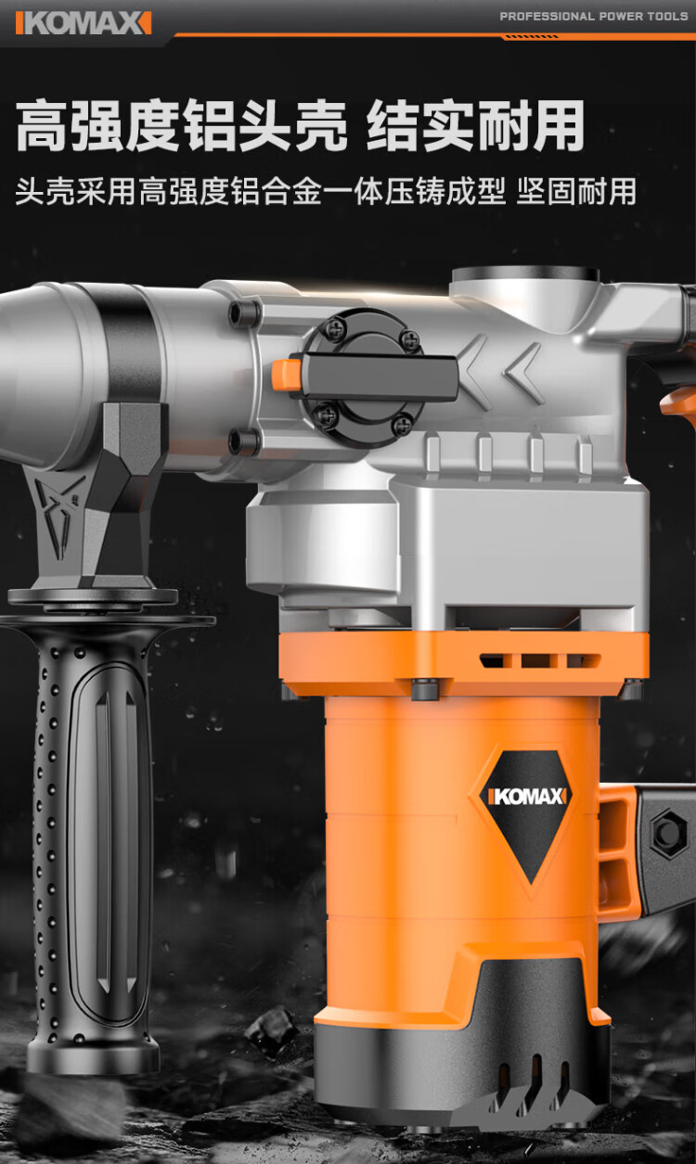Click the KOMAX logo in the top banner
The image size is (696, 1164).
[84, 23]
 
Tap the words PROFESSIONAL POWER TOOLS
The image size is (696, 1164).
[594, 17]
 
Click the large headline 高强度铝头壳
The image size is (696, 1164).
[182, 126]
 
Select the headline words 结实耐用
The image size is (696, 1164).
[476, 126]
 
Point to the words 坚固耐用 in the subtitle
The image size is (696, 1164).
[576, 191]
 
